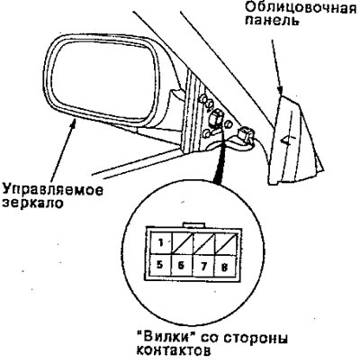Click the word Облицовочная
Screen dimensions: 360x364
pos(301,7)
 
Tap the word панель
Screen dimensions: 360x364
pos(272,22)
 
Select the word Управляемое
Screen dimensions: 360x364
pos(53,190)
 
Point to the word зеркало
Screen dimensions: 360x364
pos(33,204)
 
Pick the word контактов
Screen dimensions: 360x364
pos(173,350)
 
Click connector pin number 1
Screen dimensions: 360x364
pos(160,243)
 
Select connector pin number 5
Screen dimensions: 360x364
pos(160,266)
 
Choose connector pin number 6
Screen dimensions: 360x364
pos(182,266)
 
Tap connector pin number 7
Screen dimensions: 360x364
pos(203,266)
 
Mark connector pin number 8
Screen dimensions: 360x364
pos(224,267)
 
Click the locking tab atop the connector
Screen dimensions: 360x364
pos(193,224)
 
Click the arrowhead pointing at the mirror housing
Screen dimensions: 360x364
pos(74,123)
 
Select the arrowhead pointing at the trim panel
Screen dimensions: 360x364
pos(280,90)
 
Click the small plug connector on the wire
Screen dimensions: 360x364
pos(246,134)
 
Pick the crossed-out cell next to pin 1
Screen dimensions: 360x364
pos(182,243)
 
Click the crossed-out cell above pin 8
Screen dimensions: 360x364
pos(225,243)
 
